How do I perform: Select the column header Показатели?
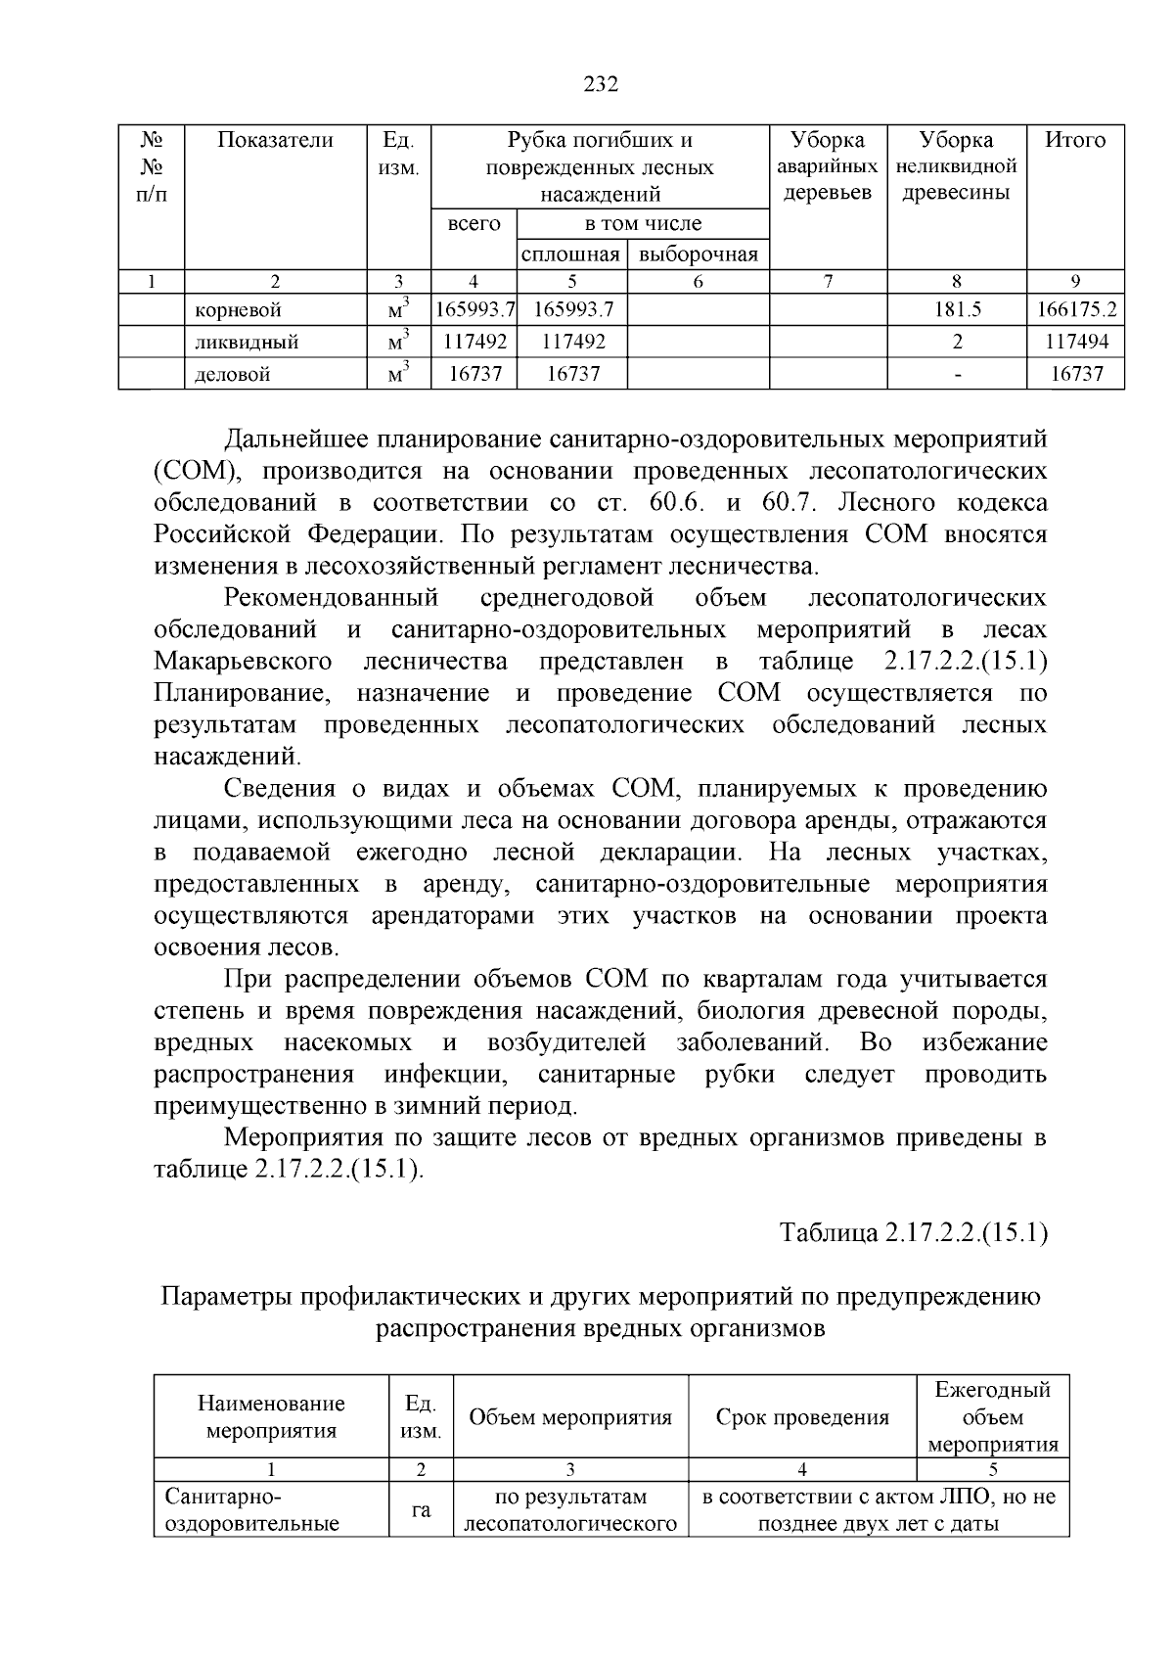pyautogui.click(x=275, y=140)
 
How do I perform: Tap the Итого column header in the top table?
pyautogui.click(x=1074, y=140)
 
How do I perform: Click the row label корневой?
pyautogui.click(x=238, y=311)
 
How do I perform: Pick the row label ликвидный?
pyautogui.click(x=247, y=343)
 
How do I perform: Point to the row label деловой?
pyautogui.click(x=233, y=374)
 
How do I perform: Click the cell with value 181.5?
pyautogui.click(x=957, y=310)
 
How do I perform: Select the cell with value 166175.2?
pyautogui.click(x=1076, y=310)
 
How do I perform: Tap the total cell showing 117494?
pyautogui.click(x=1076, y=343)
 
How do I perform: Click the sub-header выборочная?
pyautogui.click(x=698, y=255)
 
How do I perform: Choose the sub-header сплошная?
pyautogui.click(x=571, y=255)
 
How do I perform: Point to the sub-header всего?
pyautogui.click(x=474, y=224)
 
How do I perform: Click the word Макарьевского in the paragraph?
pyautogui.click(x=243, y=662)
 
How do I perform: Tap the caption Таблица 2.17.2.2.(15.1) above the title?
pyautogui.click(x=913, y=1233)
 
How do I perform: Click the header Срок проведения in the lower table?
pyautogui.click(x=802, y=1417)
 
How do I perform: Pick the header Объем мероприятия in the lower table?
pyautogui.click(x=570, y=1417)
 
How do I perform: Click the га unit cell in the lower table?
pyautogui.click(x=421, y=1510)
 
